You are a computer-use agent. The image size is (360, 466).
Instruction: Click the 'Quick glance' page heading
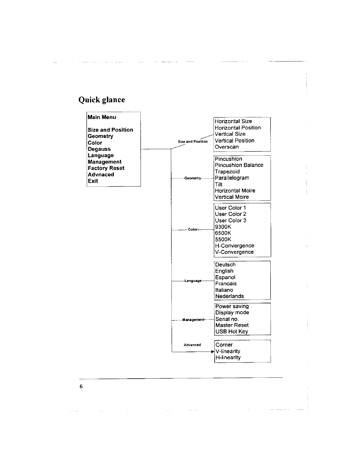pyautogui.click(x=101, y=100)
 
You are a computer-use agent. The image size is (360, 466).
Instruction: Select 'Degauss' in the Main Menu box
pyautogui.click(x=99, y=149)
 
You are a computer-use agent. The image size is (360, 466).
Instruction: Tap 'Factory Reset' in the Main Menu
pyautogui.click(x=106, y=168)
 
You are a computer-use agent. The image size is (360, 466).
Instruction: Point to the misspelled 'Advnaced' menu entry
pyautogui.click(x=101, y=175)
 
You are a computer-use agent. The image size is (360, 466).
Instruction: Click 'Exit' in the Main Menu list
pyautogui.click(x=93, y=181)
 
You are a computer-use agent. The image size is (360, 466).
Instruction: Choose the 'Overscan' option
pyautogui.click(x=226, y=147)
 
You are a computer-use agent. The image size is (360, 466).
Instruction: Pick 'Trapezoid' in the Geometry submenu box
pyautogui.click(x=227, y=172)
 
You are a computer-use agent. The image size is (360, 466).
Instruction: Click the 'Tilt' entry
pyautogui.click(x=219, y=184)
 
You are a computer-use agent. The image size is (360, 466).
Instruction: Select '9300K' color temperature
pyautogui.click(x=223, y=227)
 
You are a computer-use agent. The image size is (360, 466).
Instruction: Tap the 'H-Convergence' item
pyautogui.click(x=234, y=246)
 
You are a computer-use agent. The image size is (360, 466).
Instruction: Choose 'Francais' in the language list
pyautogui.click(x=226, y=284)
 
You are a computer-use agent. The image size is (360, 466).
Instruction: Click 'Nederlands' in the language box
pyautogui.click(x=229, y=296)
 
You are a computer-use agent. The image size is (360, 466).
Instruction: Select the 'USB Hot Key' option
pyautogui.click(x=231, y=332)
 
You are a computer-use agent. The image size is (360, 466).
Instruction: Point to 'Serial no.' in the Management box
pyautogui.click(x=227, y=319)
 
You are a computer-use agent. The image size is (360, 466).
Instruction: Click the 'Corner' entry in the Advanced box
pyautogui.click(x=224, y=345)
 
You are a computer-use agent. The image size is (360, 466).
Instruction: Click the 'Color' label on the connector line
pyautogui.click(x=193, y=229)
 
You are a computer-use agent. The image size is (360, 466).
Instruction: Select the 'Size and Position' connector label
pyautogui.click(x=193, y=142)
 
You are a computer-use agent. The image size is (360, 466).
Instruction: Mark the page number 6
pyautogui.click(x=81, y=387)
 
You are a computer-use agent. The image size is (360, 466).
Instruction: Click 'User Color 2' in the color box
pyautogui.click(x=230, y=214)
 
